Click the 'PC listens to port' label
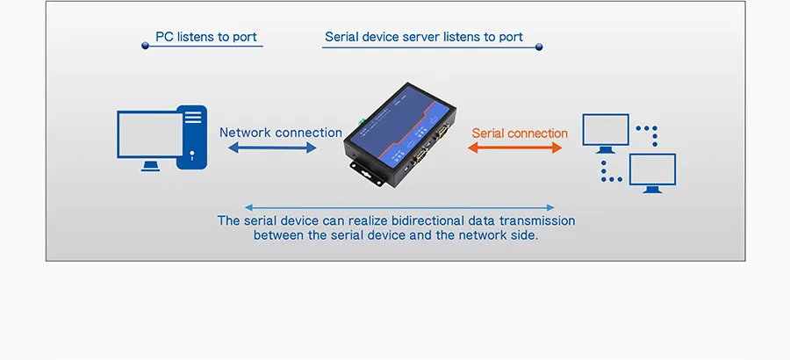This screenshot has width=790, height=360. coord(206,37)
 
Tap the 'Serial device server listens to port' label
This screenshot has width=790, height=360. coord(424,37)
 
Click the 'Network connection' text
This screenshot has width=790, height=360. coord(281,133)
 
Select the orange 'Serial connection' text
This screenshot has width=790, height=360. coord(520,133)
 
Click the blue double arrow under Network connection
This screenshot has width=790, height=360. coord(272,148)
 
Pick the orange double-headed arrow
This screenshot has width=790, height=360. coord(514,148)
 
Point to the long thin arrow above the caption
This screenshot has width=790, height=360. coord(399,207)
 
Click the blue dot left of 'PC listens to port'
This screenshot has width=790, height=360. coord(145,46)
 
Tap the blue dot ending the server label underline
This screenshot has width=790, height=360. coord(539,47)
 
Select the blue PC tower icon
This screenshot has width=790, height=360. coord(192,137)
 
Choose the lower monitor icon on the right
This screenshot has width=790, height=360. coord(652,172)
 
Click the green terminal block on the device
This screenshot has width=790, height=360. coord(360,120)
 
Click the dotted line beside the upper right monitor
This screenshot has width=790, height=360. coord(647,135)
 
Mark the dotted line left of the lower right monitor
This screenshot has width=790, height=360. coord(609,172)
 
